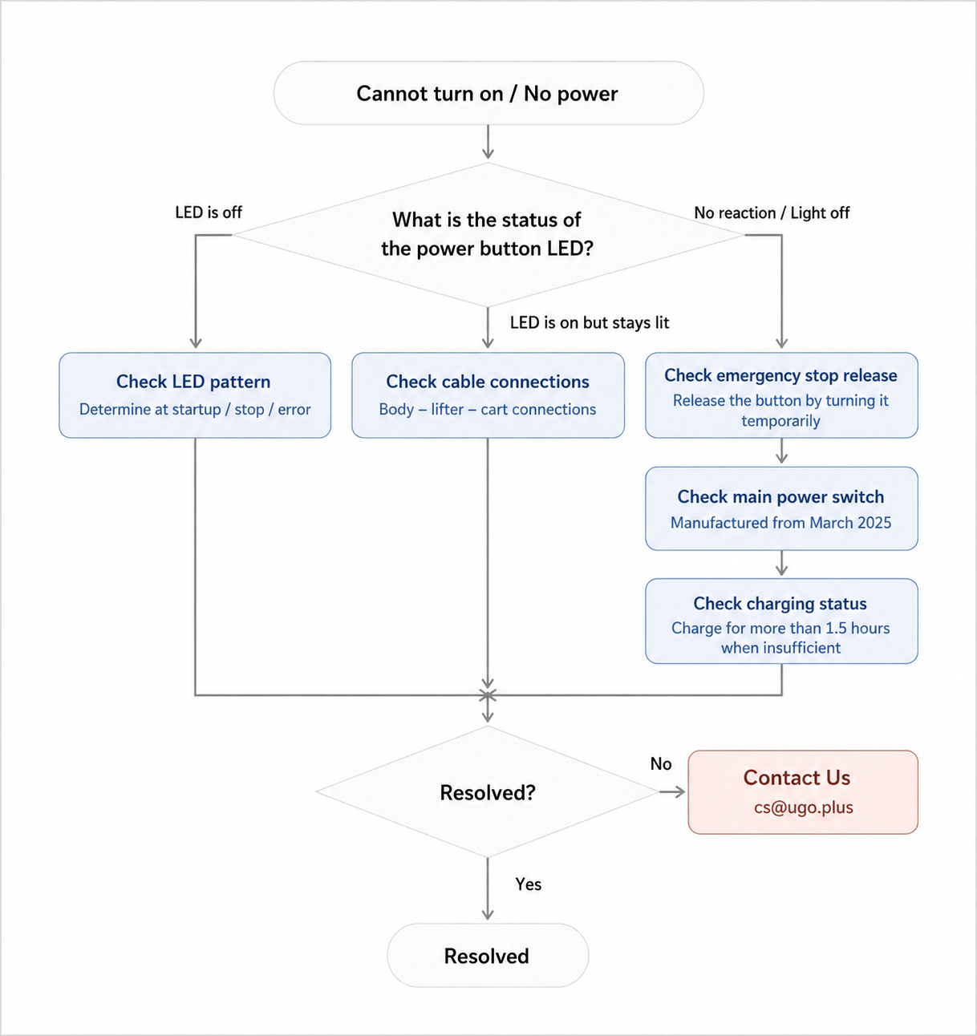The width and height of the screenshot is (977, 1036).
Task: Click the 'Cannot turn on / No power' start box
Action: (x=488, y=93)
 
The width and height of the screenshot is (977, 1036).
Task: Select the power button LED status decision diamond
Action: (x=488, y=235)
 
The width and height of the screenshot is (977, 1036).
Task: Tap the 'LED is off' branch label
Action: (x=209, y=212)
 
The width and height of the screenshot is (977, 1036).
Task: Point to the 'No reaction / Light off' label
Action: (x=772, y=212)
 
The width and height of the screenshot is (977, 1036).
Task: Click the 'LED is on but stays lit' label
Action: (x=590, y=322)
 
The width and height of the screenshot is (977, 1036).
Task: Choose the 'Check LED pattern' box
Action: (x=195, y=395)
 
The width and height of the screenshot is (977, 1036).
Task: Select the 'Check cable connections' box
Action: (x=488, y=395)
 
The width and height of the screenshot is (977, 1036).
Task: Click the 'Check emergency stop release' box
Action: (x=781, y=395)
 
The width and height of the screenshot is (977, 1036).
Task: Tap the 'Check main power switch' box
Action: (x=781, y=508)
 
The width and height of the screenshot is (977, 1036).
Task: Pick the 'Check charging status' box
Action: (x=781, y=621)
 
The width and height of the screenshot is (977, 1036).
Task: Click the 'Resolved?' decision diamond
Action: (x=488, y=792)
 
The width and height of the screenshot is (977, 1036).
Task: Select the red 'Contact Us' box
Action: (x=803, y=792)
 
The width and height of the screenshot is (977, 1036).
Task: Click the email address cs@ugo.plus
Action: (x=803, y=807)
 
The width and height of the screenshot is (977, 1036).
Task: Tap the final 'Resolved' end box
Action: (x=488, y=955)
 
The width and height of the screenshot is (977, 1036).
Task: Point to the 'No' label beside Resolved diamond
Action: (x=661, y=763)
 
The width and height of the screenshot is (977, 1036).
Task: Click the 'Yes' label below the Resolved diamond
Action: (x=528, y=884)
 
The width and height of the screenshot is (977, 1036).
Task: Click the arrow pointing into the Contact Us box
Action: (x=672, y=792)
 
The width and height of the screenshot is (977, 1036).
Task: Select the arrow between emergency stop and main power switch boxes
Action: (x=781, y=451)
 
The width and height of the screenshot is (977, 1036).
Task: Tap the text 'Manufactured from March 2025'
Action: (x=780, y=523)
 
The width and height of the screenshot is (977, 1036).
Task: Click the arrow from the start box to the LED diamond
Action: (x=488, y=141)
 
